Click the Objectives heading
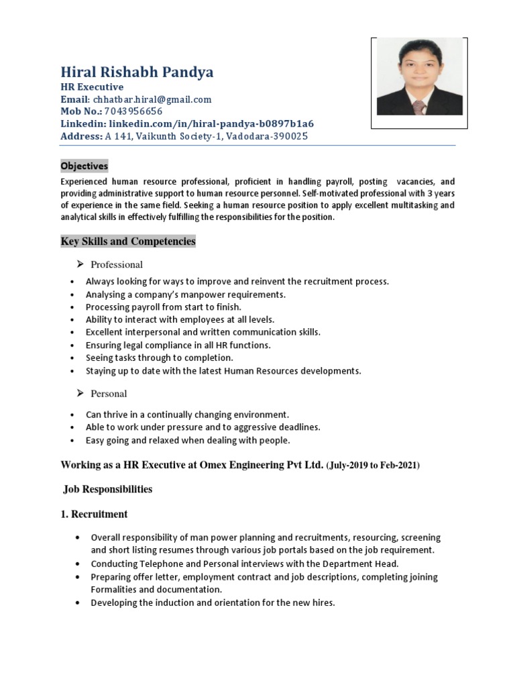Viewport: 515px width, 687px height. click(84, 166)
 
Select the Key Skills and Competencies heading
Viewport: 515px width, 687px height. click(128, 242)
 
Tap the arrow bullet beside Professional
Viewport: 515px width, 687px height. click(80, 264)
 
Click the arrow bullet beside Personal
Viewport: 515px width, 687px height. click(80, 393)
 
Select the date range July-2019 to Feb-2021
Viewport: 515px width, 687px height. click(373, 465)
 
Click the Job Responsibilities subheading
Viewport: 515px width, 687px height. click(108, 490)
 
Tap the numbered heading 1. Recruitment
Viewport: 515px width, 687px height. click(95, 515)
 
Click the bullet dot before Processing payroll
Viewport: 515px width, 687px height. click(72, 307)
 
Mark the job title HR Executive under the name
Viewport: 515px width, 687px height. click(92, 87)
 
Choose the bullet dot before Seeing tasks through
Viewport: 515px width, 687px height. click(72, 358)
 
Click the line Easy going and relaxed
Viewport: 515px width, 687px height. click(188, 440)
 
